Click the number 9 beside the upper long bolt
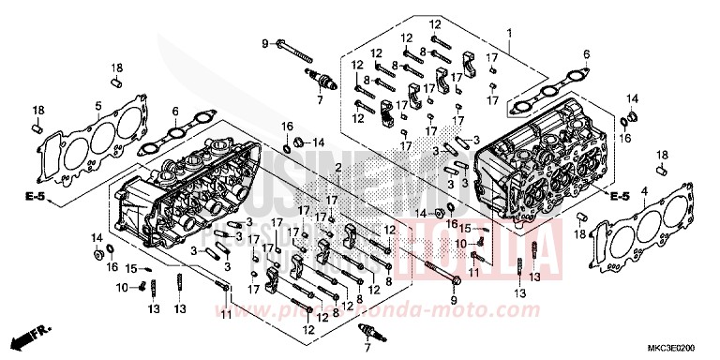tap(265, 43)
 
